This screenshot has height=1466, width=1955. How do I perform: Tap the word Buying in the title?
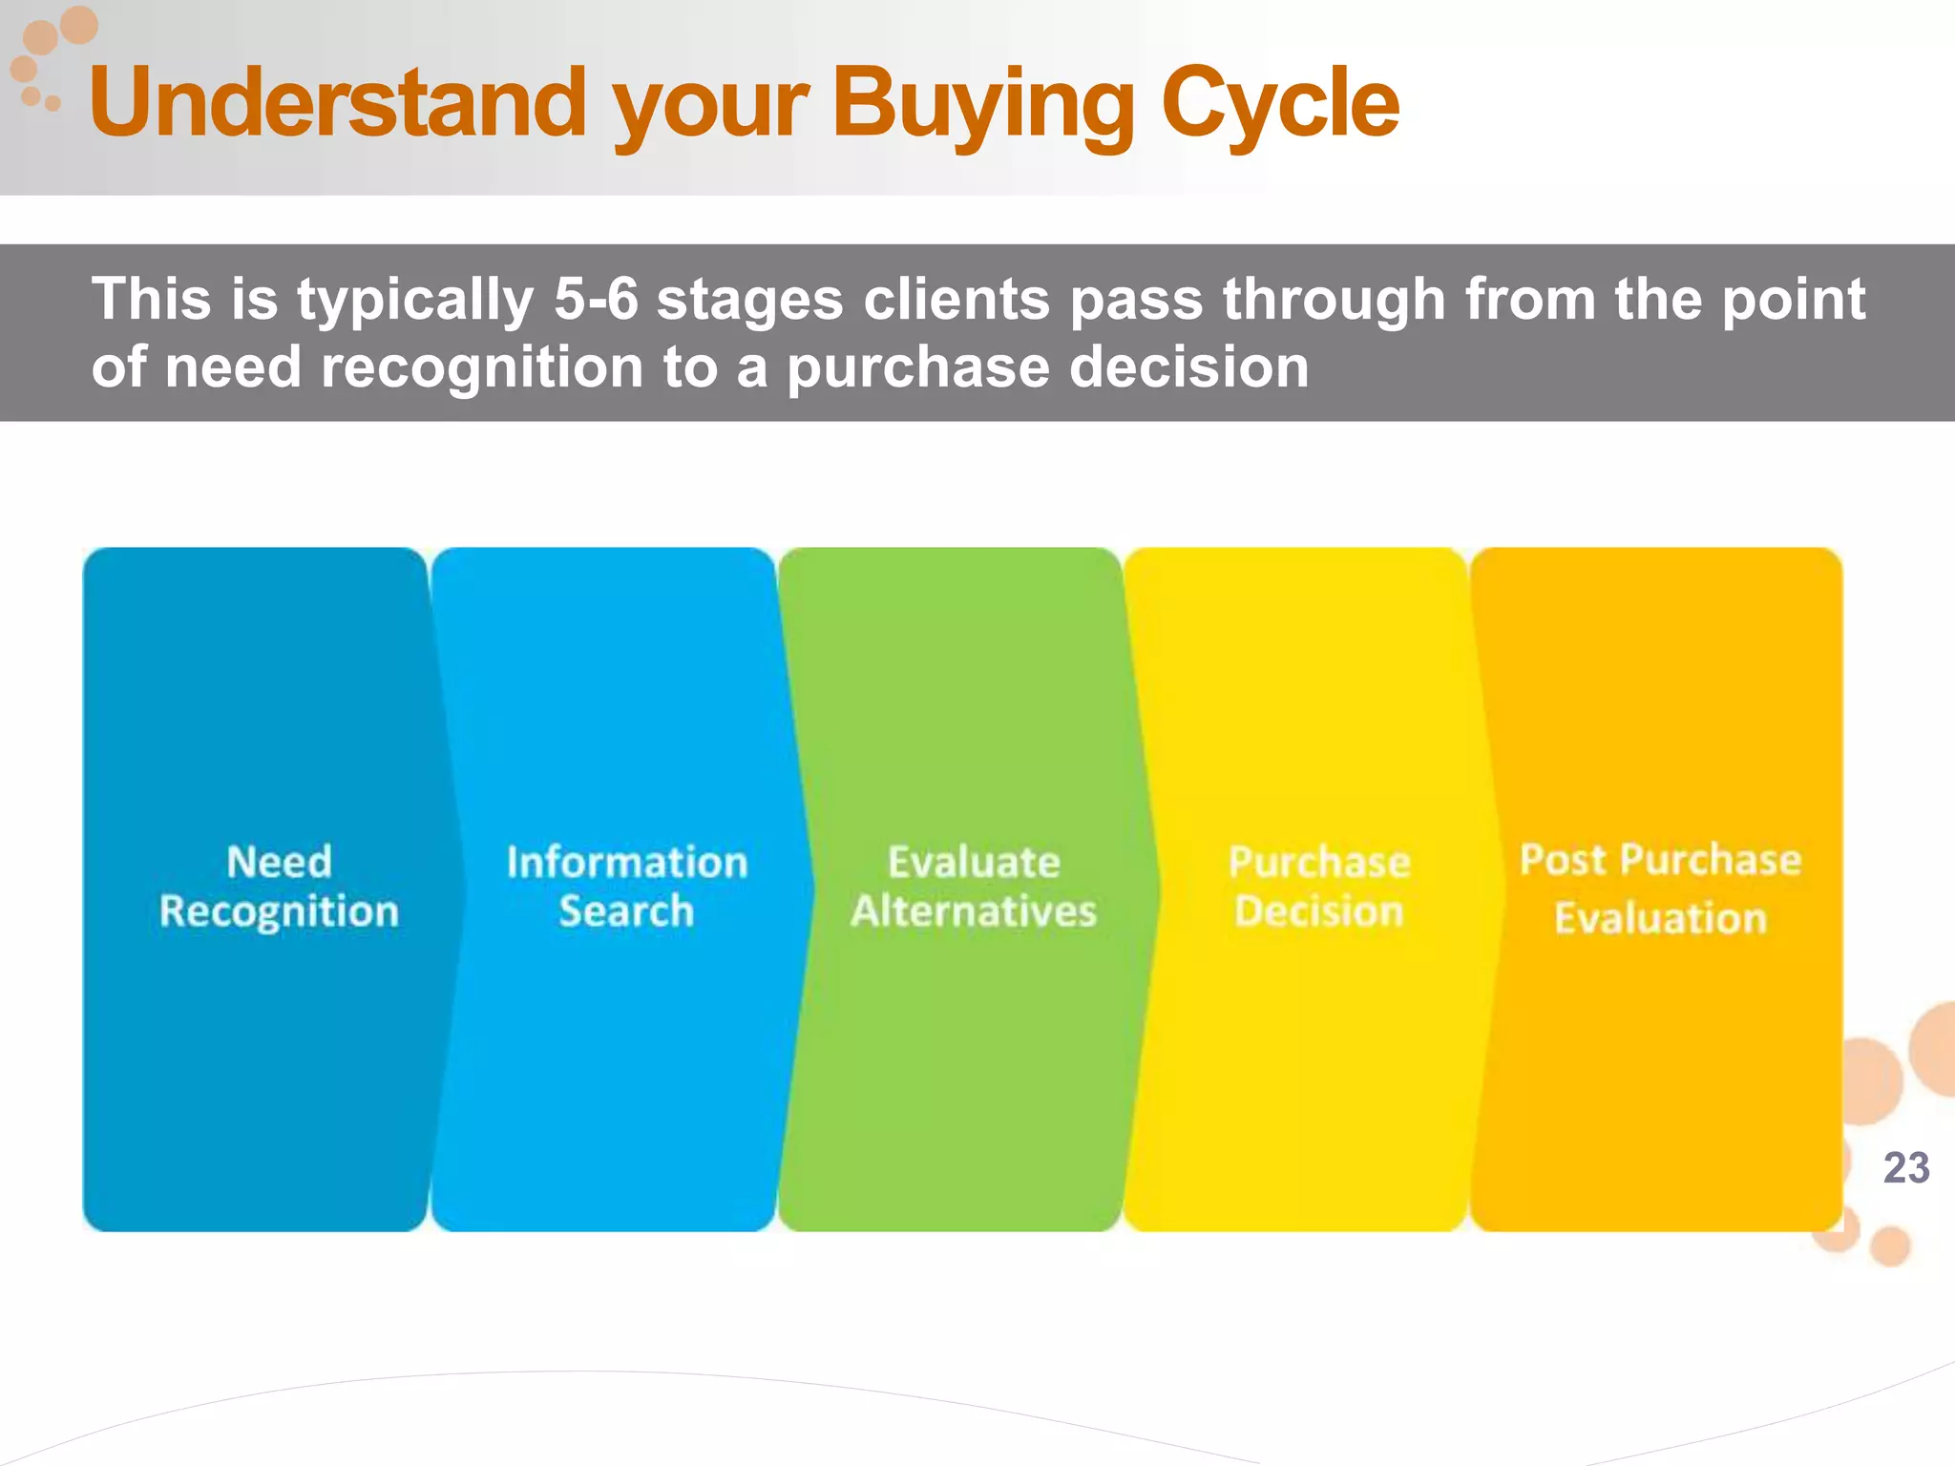pos(983,103)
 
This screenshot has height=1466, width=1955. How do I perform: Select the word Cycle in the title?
pos(1279,103)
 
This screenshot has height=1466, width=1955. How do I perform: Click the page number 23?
pos(1906,1168)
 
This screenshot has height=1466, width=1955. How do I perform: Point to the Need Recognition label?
pos(279,887)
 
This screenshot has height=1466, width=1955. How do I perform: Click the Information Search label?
pos(626,887)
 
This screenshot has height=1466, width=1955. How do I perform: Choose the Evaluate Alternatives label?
pos(974,887)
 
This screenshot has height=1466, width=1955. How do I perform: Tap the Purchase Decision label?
pos(1319,887)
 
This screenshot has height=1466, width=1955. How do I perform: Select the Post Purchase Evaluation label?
pos(1660,889)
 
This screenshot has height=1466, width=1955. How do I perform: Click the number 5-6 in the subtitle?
pos(596,300)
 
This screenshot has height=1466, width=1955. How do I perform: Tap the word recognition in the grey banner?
pos(482,368)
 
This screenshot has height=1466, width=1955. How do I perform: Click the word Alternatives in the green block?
pos(974,911)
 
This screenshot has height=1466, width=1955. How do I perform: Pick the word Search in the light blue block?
pos(626,911)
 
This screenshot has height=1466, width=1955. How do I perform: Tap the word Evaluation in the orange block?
pos(1660,918)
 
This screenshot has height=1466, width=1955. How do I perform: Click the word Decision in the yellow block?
pos(1319,911)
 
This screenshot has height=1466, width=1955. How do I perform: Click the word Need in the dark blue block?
pos(279,862)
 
